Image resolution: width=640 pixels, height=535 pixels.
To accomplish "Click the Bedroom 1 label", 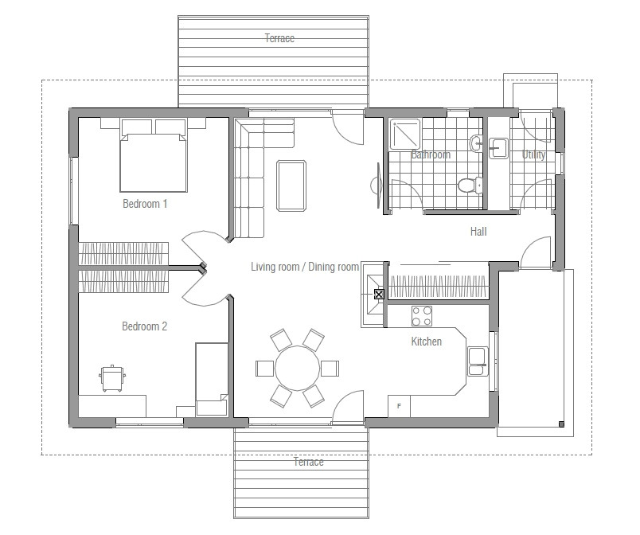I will [145, 204].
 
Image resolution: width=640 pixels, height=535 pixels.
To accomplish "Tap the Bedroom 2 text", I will [145, 326].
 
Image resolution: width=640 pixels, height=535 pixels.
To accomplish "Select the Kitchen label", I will [426, 342].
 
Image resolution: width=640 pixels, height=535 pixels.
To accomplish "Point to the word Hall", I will [478, 232].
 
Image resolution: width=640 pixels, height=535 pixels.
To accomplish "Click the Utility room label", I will [533, 155].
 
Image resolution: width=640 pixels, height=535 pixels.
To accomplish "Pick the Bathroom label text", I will [431, 155].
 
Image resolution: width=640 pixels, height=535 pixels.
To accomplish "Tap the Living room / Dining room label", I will [305, 267].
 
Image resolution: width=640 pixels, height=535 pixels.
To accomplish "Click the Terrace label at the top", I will [279, 38].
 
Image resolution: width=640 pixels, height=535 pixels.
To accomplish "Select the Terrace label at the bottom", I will [308, 463].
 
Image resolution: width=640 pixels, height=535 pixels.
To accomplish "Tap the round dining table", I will [297, 368].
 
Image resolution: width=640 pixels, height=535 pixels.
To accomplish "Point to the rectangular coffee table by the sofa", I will [291, 185].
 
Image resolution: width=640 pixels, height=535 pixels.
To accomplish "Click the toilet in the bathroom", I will [468, 185].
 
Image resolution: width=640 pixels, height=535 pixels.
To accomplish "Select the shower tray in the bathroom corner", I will [406, 135].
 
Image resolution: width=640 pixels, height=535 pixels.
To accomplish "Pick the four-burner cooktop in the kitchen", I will [422, 316].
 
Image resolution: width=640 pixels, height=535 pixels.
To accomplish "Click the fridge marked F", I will [399, 406].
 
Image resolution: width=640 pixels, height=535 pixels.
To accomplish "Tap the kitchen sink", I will [478, 361].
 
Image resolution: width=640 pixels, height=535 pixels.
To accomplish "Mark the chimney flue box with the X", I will [379, 295].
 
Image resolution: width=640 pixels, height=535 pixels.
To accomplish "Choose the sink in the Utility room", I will [499, 147].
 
